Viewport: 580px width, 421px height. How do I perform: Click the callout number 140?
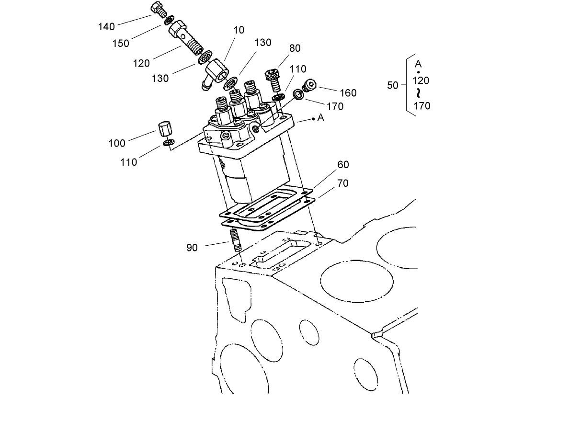point(106,27)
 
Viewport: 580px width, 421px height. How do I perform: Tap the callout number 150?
point(121,43)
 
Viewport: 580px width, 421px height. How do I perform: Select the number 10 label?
point(239,30)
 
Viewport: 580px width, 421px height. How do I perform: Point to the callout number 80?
point(295,48)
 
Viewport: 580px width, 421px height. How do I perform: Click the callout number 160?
point(348,93)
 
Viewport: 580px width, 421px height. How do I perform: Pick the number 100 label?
point(117,143)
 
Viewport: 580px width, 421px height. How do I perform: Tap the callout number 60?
point(343,165)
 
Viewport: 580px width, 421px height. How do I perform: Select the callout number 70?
point(343,183)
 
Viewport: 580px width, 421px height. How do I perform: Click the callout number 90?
point(192,248)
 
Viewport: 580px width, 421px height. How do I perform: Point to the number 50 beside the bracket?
point(393,85)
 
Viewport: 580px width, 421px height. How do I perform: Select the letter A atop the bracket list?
point(418,64)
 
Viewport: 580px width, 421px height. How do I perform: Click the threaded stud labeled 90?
point(236,240)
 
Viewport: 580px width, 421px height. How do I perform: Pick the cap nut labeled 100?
point(164,129)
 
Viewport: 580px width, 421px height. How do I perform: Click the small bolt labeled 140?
point(158,9)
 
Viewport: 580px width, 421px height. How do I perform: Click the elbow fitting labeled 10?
point(216,73)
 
